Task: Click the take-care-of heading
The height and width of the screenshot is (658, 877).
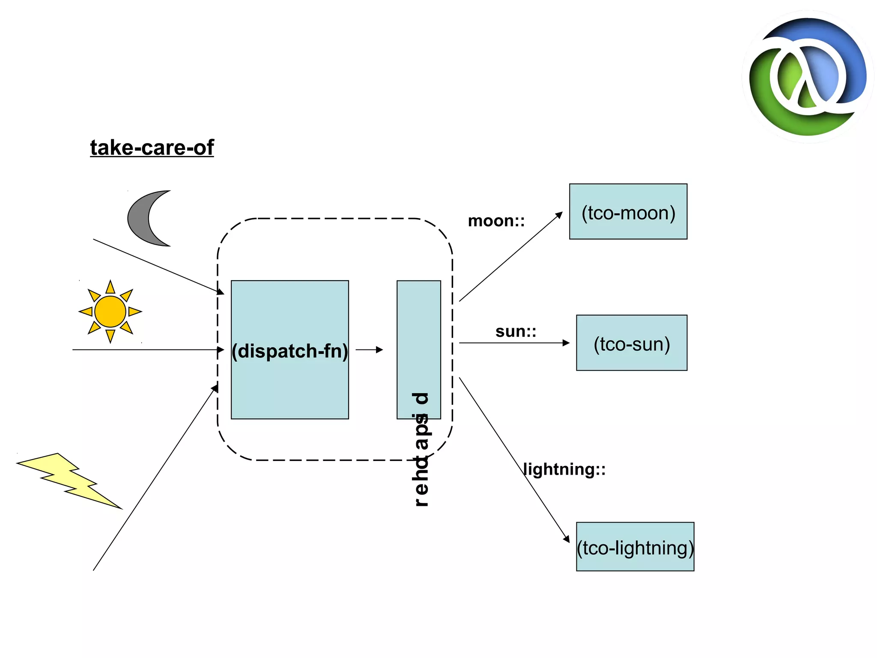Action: click(152, 148)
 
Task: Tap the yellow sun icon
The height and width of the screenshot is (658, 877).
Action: click(110, 311)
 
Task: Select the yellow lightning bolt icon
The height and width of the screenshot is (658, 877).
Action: click(69, 480)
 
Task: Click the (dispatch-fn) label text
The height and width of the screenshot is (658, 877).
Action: click(289, 351)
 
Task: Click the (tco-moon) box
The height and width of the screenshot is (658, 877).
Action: click(628, 212)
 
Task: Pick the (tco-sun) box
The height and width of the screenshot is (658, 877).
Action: click(632, 343)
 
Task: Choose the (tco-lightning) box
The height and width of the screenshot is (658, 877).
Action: click(635, 547)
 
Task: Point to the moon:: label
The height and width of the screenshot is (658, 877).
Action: click(496, 221)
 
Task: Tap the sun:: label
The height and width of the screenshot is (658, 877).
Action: click(516, 332)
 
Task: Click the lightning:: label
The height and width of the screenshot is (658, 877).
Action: click(564, 469)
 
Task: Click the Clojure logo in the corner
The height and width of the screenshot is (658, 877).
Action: click(808, 77)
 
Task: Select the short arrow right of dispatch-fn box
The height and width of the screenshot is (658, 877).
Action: click(369, 350)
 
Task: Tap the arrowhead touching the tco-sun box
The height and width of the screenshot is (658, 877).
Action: click(566, 343)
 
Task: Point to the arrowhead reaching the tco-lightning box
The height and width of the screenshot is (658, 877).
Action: click(567, 539)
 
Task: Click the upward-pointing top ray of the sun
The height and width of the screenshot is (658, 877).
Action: click(110, 287)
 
